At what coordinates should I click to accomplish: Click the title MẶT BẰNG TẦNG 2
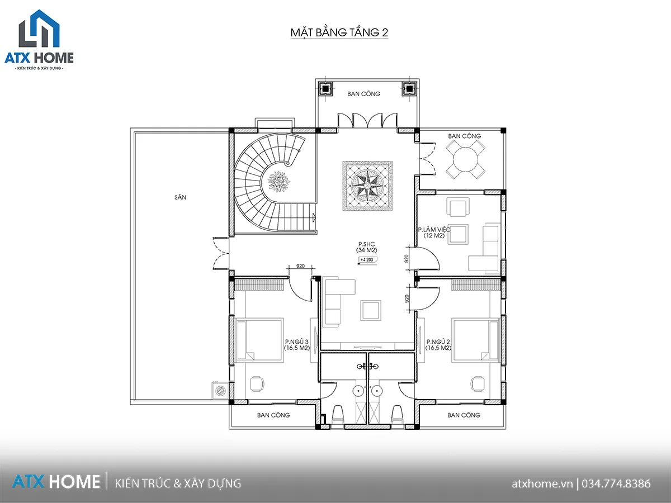pyautogui.click(x=339, y=32)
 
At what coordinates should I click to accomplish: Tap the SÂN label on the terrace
pyautogui.click(x=181, y=197)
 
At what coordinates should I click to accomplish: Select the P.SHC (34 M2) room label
pyautogui.click(x=366, y=247)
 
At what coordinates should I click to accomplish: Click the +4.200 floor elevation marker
pyautogui.click(x=367, y=260)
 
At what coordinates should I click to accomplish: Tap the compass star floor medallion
pyautogui.click(x=367, y=186)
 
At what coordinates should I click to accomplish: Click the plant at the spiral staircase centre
pyautogui.click(x=279, y=182)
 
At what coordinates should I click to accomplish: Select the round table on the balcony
pyautogui.click(x=466, y=160)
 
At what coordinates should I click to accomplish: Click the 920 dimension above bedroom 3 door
pyautogui.click(x=300, y=266)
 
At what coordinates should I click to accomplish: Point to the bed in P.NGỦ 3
pyautogui.click(x=259, y=340)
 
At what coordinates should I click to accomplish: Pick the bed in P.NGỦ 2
pyautogui.click(x=476, y=340)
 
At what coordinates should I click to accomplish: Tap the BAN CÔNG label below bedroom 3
pyautogui.click(x=273, y=415)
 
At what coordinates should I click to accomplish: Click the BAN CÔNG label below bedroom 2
pyautogui.click(x=464, y=415)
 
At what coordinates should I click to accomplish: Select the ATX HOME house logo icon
pyautogui.click(x=39, y=29)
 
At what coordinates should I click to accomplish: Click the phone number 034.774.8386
pyautogui.click(x=616, y=484)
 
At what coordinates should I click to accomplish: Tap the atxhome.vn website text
pyautogui.click(x=542, y=484)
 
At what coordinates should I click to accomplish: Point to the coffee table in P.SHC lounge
pyautogui.click(x=371, y=310)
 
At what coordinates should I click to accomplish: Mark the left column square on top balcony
pyautogui.click(x=325, y=89)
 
